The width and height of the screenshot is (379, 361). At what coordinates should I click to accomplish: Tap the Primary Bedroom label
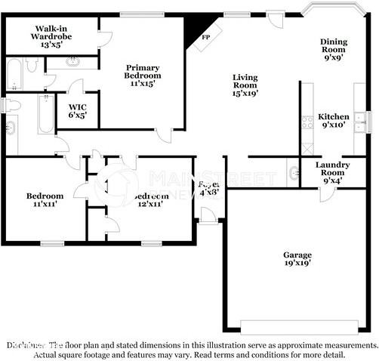tap(143, 76)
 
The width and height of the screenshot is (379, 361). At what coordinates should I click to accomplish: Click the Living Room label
tap(245, 85)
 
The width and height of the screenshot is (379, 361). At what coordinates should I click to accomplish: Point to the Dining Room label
tap(333, 49)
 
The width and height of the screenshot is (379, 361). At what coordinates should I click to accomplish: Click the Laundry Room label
tap(332, 172)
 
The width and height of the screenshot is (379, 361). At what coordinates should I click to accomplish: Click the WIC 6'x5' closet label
tap(78, 111)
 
